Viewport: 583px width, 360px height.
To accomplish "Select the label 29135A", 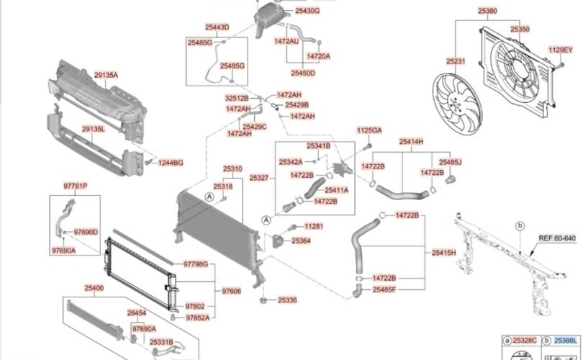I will pos(106,75).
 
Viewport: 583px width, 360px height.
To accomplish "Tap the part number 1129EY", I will pos(561,50).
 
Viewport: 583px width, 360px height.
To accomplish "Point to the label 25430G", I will pos(307,12).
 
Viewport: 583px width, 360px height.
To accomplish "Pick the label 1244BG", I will pos(171,163).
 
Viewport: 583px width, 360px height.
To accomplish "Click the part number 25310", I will pos(232,168).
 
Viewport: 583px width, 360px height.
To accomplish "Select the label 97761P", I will pos(75,186).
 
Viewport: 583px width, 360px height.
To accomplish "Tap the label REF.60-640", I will pos(558,238).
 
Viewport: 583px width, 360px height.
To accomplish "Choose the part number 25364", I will pos(301,241).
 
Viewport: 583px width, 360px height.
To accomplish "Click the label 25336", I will pos(287,299).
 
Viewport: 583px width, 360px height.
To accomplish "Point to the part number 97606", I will pos(231,291).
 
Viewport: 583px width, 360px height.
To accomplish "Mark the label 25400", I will pos(94,288).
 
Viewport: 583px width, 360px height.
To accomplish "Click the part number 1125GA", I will pos(369,130).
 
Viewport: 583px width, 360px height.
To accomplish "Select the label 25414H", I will pos(411,142).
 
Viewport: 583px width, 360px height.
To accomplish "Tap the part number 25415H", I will pos(443,253).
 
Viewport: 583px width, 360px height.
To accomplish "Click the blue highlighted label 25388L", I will pos(565,338).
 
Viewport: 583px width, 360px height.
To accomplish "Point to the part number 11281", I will pos(313,226).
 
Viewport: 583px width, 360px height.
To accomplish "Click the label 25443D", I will pos(217,27).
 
